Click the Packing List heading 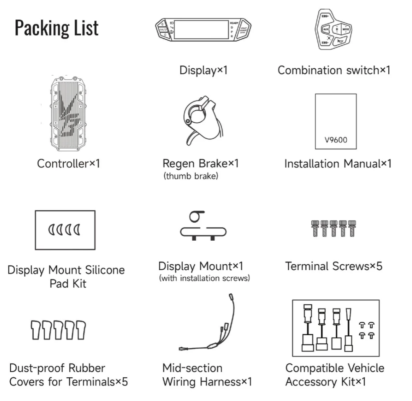[x=57, y=28]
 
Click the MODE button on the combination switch [x=346, y=29]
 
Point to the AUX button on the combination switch [x=326, y=29]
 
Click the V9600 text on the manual [x=336, y=139]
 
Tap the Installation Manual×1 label [x=338, y=164]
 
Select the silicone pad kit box [x=65, y=230]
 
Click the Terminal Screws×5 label [x=334, y=266]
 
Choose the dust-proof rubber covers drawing [x=58, y=330]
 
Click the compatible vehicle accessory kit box [x=336, y=328]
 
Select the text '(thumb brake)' [x=190, y=176]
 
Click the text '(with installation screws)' [x=204, y=278]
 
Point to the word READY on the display [x=234, y=23]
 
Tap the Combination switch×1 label [x=334, y=70]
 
